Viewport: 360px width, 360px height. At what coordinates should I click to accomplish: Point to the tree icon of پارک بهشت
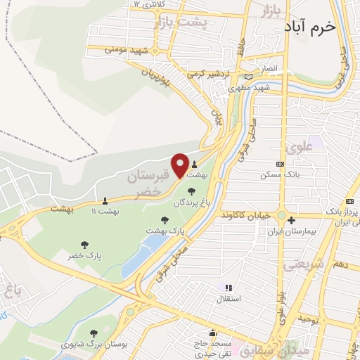[x=165, y=219]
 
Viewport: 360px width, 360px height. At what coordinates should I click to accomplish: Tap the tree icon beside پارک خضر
[x=85, y=245]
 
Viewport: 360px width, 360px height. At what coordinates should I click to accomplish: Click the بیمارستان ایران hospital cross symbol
[x=291, y=240]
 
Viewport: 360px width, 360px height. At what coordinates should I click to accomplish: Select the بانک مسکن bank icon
[x=281, y=164]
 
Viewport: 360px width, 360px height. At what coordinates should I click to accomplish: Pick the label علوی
[x=297, y=148]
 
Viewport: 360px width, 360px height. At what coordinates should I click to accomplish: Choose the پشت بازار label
[x=180, y=23]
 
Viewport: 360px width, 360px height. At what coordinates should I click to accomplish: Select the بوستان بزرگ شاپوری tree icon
[x=94, y=333]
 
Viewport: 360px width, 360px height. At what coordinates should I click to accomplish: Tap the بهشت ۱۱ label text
[x=106, y=210]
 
